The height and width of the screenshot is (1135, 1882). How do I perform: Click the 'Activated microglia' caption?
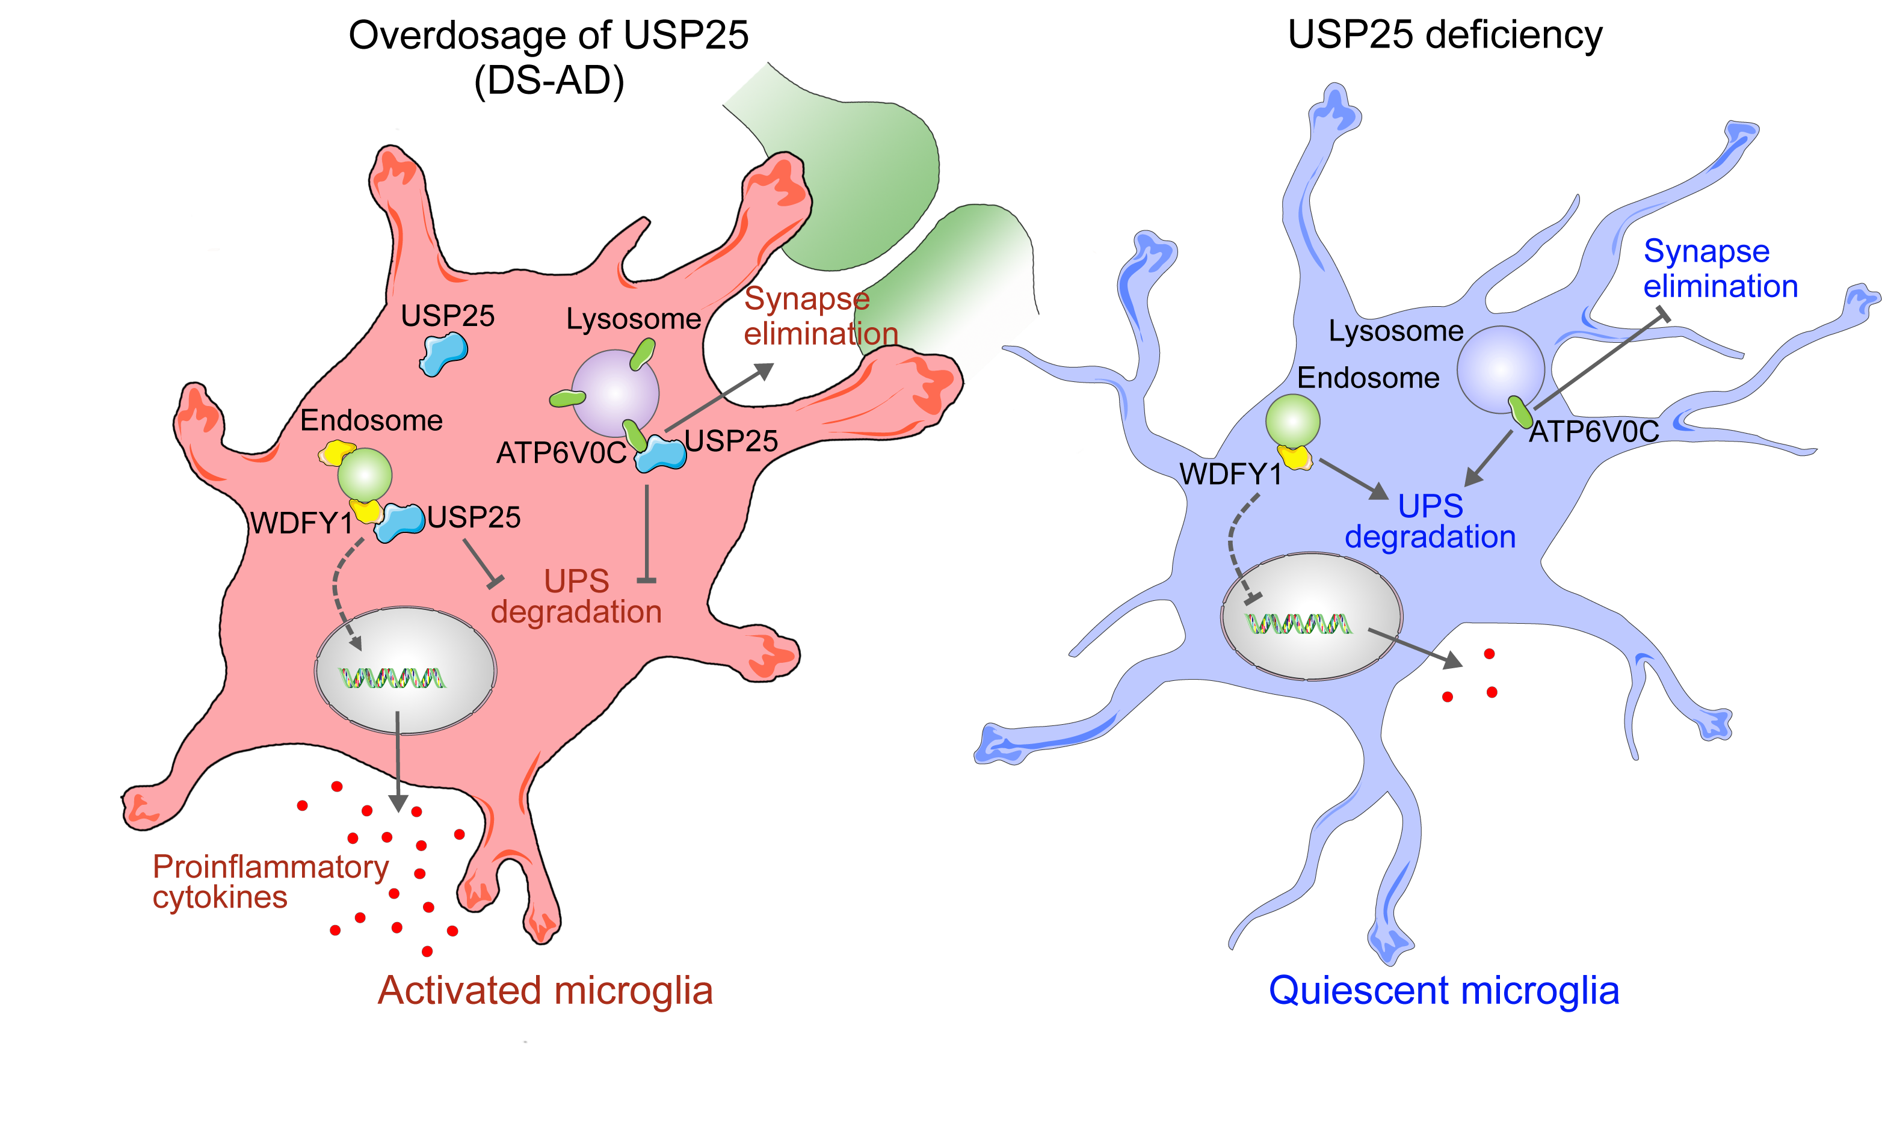[x=545, y=991]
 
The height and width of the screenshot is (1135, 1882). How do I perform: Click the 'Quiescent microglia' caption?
[x=1443, y=991]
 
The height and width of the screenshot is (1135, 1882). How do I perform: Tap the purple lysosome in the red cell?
[x=615, y=393]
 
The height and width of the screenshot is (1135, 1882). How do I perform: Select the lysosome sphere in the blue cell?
[x=1500, y=370]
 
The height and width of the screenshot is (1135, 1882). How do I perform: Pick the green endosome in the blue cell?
[x=1292, y=421]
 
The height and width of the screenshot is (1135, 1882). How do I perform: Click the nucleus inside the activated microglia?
[x=406, y=671]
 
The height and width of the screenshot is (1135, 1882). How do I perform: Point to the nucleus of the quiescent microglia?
[x=1312, y=616]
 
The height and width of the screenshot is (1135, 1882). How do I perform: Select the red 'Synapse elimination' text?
[x=819, y=316]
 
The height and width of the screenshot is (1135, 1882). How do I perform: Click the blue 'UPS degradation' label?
[x=1430, y=521]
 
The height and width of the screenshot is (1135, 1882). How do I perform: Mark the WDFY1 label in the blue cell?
[x=1230, y=475]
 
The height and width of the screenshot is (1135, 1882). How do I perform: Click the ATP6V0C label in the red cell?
[x=561, y=454]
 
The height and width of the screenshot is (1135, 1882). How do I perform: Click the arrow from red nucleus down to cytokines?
[x=398, y=764]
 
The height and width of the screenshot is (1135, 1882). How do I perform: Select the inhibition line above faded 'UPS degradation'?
[x=647, y=535]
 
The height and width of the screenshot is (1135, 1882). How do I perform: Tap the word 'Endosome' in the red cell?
[x=371, y=421]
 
